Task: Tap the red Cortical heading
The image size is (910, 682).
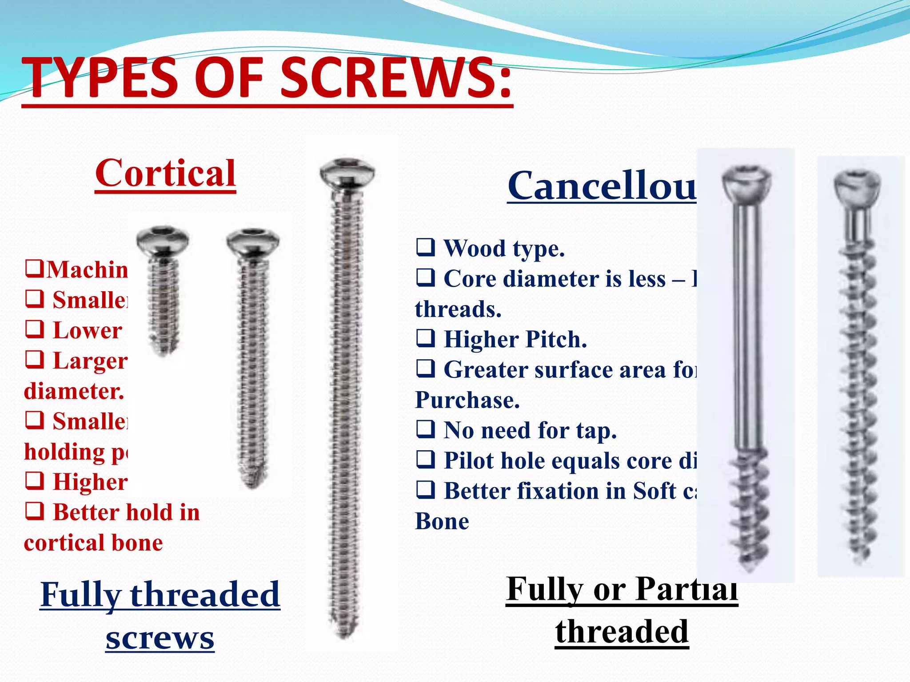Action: pos(165,174)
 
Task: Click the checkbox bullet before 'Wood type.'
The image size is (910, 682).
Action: pos(425,247)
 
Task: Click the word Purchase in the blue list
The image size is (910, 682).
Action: pos(467,400)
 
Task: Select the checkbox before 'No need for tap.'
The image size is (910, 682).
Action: pos(425,429)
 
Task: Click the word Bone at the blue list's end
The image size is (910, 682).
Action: pos(442,521)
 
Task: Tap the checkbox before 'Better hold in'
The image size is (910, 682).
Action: pos(34,511)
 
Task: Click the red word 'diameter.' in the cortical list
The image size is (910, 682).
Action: pos(74,391)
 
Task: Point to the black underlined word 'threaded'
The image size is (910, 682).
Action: pos(622,631)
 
